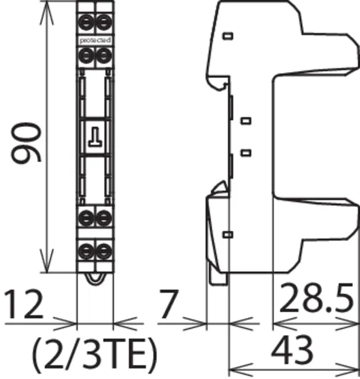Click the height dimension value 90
click(26, 142)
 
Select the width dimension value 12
click(23, 304)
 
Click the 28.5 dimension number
click(316, 298)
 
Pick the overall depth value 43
click(292, 349)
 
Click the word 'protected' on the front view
click(96, 40)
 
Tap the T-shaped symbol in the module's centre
click(95, 137)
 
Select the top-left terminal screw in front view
click(86, 22)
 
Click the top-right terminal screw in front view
click(104, 22)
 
